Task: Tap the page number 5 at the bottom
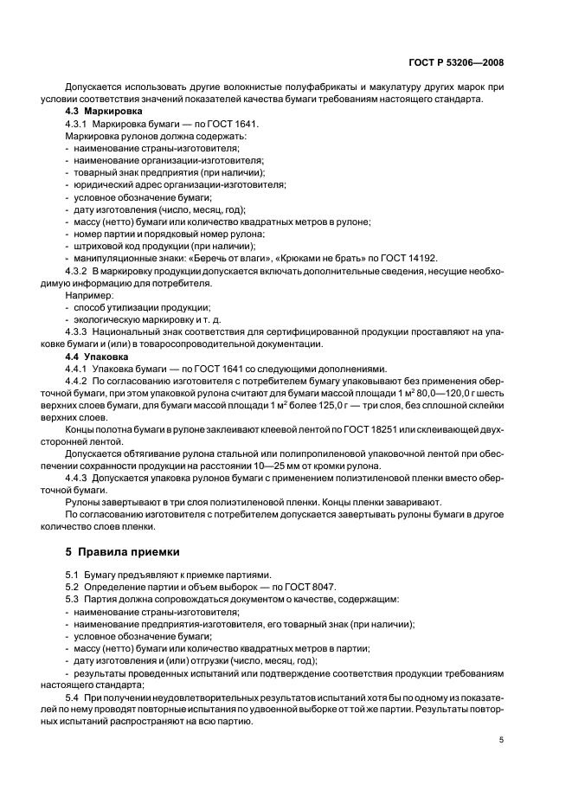click(501, 739)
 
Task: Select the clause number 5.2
click(73, 587)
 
